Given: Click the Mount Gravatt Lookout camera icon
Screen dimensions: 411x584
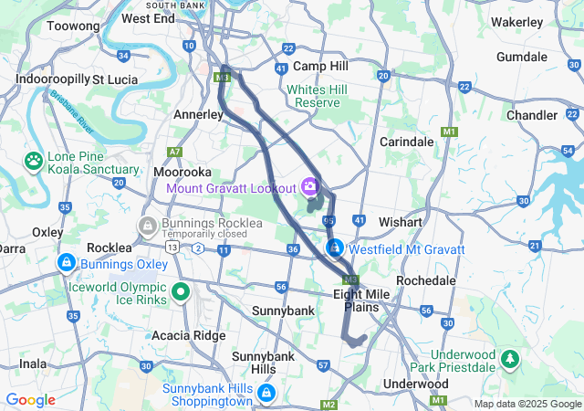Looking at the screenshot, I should [310, 187].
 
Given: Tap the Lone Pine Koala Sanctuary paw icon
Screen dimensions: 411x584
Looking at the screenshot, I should [34, 161].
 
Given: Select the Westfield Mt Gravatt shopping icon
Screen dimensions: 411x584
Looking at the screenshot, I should [336, 248].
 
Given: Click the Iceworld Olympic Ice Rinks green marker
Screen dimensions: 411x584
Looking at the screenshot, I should [181, 292].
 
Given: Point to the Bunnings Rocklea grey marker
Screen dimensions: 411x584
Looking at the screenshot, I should [146, 225].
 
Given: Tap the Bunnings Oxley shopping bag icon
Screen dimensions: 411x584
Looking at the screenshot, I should [66, 264].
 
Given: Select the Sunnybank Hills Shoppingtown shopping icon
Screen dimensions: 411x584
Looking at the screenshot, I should [266, 394].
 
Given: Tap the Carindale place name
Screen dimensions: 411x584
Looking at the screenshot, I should [406, 142].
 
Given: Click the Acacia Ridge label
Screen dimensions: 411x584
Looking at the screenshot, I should [190, 335].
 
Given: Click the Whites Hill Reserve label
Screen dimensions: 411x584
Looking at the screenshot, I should [325, 96].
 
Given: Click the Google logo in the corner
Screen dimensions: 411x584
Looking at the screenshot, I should [30, 399].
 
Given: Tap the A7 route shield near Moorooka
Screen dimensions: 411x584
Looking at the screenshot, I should [174, 152].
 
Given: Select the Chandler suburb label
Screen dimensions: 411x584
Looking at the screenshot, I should [531, 115].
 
